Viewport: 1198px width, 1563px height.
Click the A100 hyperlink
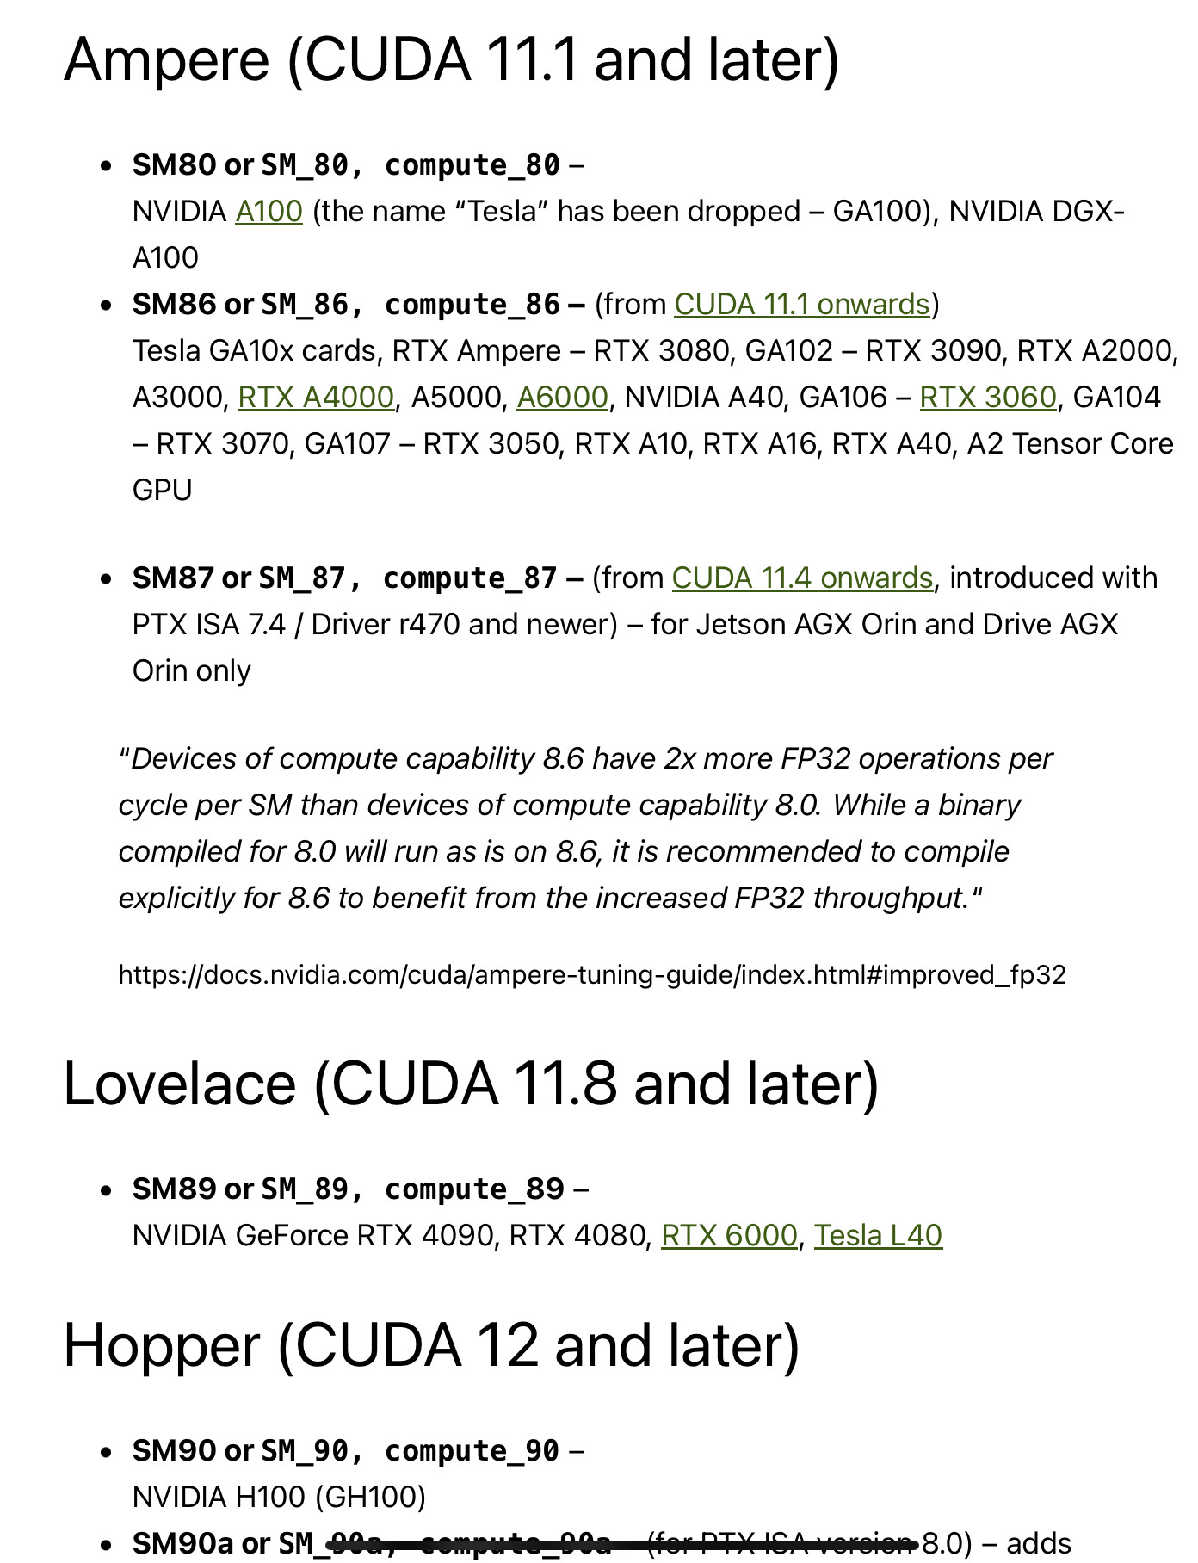click(x=269, y=212)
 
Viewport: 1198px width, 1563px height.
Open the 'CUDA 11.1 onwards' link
click(x=801, y=305)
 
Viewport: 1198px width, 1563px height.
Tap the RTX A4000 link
click(x=316, y=398)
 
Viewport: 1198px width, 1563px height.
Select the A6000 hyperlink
click(x=562, y=398)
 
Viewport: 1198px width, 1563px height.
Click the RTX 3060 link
click(x=987, y=398)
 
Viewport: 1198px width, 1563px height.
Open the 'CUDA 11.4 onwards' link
click(x=801, y=578)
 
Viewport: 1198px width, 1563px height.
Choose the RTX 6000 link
click(x=729, y=1236)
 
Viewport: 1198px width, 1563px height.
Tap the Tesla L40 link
click(x=878, y=1236)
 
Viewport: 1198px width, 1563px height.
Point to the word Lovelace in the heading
click(x=179, y=1083)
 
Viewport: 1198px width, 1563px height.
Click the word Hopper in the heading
click(x=161, y=1345)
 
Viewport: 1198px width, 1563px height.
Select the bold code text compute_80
click(x=472, y=165)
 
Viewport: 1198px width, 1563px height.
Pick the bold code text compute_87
click(x=470, y=578)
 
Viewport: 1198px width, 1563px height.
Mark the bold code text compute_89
click(x=474, y=1189)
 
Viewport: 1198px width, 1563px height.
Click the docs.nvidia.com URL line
click(x=592, y=975)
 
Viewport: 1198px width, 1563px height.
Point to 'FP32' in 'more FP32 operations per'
click(x=815, y=759)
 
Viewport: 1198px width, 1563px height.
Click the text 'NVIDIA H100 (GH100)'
click(x=279, y=1498)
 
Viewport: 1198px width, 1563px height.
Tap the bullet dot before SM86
click(x=106, y=306)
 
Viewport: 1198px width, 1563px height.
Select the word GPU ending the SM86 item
click(x=162, y=491)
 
